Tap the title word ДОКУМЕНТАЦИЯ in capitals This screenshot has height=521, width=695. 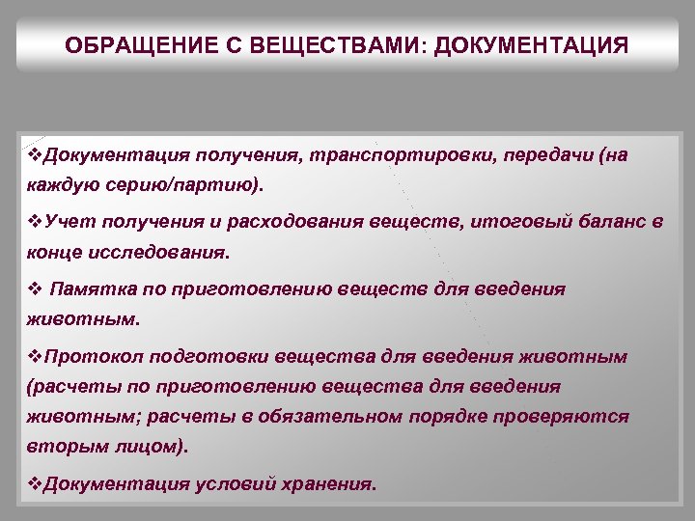pos(532,46)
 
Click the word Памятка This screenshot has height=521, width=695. pos(92,289)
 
